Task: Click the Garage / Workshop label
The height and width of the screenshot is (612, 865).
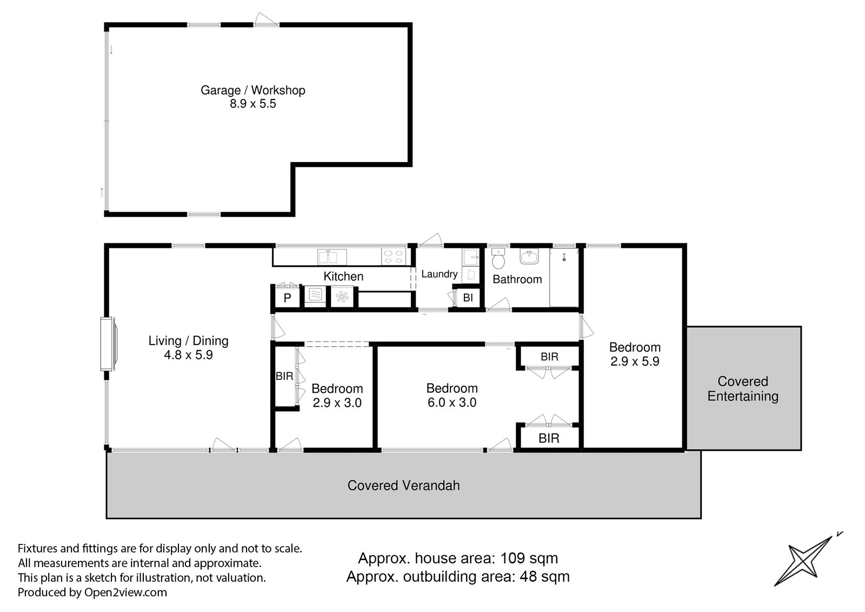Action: coord(253,90)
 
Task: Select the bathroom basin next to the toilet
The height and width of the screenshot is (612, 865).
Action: coord(529,257)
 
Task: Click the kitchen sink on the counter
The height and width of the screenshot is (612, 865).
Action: coord(332,257)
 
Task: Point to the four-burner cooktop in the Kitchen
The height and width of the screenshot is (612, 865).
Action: coord(394,257)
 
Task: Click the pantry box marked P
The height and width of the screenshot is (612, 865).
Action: coord(287,298)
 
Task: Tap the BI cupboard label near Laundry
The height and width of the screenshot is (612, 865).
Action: coord(468,298)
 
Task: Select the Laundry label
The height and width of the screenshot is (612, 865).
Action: coord(440,274)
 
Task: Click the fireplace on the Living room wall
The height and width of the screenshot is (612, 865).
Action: coord(109,344)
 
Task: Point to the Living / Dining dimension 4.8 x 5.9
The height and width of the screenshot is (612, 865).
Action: coord(189,355)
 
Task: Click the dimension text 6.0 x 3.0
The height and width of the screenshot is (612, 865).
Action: coord(452,402)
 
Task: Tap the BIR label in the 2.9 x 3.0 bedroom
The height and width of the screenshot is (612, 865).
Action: coord(284,376)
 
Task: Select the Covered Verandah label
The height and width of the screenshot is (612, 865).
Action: coord(403,486)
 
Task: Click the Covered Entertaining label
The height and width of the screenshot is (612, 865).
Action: coord(743,388)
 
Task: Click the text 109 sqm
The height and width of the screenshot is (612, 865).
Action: coord(529,559)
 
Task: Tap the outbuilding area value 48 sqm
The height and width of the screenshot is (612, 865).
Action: coord(544,577)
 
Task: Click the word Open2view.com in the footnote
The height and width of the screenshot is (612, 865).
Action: coord(125,593)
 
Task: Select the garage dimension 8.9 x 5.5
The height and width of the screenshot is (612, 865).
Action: coord(253,104)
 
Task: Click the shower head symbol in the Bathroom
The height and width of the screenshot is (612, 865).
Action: coord(564,257)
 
